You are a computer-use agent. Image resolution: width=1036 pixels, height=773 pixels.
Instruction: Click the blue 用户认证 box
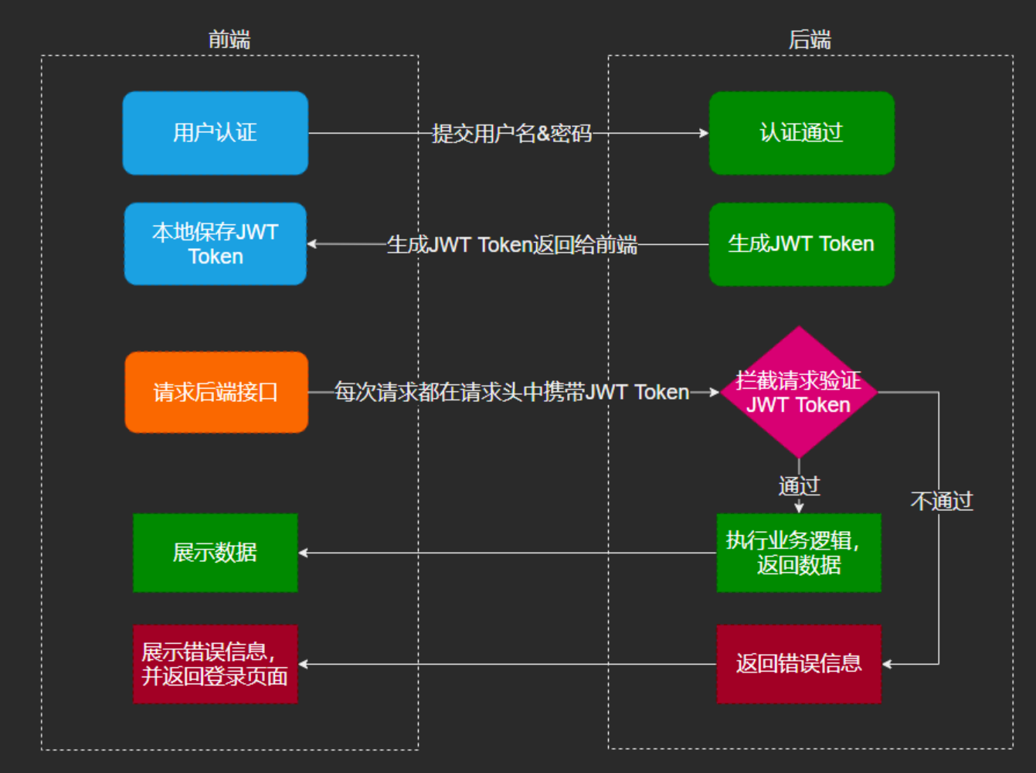[215, 133]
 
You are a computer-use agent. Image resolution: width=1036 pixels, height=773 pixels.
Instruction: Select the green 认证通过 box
[801, 133]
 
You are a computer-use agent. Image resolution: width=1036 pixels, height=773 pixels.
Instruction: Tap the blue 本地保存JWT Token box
[215, 243]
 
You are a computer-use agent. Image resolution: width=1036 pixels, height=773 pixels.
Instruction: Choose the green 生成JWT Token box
[801, 243]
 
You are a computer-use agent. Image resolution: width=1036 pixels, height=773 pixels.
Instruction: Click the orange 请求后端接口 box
[216, 392]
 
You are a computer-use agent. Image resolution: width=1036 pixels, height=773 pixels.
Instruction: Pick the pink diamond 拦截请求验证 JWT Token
[799, 392]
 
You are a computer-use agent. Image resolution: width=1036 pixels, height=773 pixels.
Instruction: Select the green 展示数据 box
[215, 553]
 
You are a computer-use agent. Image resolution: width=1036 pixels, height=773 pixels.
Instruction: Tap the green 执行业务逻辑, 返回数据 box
[799, 553]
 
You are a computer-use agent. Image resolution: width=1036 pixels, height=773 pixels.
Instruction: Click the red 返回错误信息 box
[799, 664]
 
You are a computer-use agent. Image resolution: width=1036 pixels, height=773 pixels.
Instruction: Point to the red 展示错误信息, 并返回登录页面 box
[215, 664]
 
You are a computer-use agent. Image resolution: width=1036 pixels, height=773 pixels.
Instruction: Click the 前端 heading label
[229, 39]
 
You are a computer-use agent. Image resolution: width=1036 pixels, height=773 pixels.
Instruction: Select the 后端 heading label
[810, 39]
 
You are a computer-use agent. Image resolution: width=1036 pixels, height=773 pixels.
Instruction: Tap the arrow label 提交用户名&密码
[511, 134]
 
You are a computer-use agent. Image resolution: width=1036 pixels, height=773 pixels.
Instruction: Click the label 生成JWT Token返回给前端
[511, 245]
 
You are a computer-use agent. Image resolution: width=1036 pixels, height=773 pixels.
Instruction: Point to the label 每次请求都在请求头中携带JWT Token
[511, 393]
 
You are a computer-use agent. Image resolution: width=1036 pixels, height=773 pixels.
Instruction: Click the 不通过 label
[942, 502]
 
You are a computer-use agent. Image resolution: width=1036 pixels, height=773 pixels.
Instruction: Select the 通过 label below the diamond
[799, 486]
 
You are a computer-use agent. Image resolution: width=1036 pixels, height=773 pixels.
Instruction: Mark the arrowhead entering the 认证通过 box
[704, 133]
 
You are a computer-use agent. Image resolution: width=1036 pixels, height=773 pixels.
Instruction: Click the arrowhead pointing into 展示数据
[304, 553]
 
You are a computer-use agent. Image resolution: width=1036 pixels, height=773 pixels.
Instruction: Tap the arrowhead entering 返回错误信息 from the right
[887, 664]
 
